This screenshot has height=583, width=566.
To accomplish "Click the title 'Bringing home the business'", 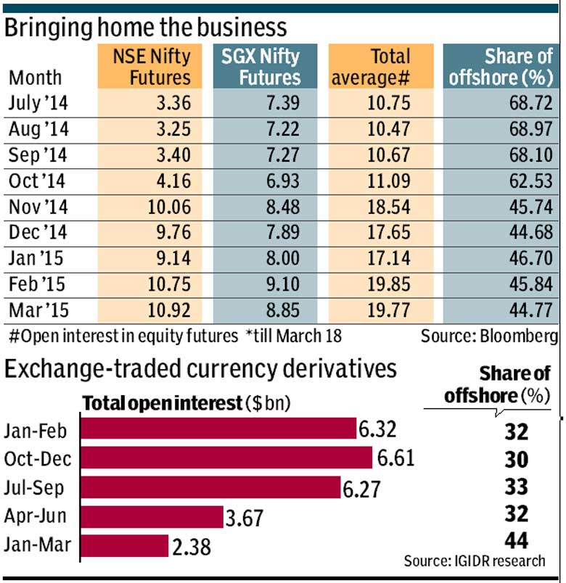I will coord(146,28).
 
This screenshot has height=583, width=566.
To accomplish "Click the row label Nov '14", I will coord(39,209).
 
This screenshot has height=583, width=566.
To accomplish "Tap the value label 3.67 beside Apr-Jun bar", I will coord(245,518).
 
